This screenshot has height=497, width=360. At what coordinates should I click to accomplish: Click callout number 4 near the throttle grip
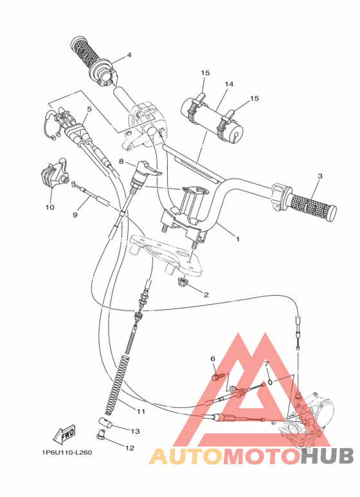(129, 55)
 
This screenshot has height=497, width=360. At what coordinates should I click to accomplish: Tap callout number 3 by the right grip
(319, 176)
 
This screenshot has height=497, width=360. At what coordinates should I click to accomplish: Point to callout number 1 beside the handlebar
(237, 239)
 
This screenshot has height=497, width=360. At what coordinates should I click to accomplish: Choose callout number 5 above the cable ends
(89, 109)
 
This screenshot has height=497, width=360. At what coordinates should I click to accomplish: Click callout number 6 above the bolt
(212, 358)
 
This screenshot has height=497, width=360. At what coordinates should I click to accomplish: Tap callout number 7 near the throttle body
(265, 364)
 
